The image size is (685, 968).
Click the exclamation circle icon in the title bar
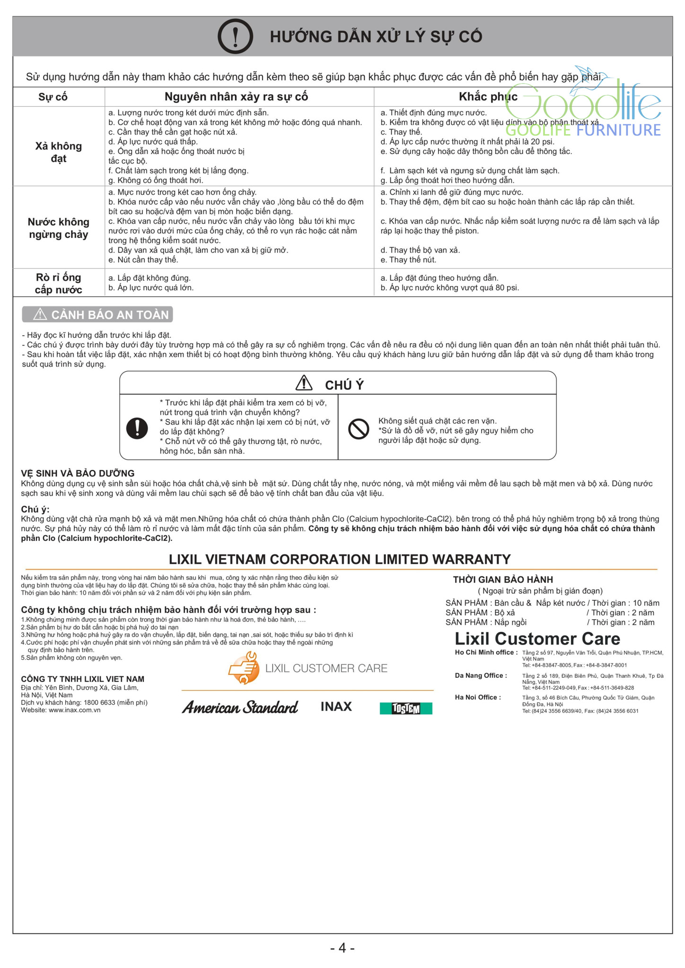(x=235, y=36)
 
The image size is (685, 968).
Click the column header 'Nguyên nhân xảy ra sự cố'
(x=236, y=97)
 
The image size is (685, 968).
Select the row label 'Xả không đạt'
(x=59, y=152)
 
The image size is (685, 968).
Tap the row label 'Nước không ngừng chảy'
(x=59, y=228)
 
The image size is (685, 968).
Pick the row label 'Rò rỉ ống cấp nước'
(x=59, y=284)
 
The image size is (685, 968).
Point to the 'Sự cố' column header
(x=53, y=97)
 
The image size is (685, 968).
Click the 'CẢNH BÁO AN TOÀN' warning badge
(x=97, y=315)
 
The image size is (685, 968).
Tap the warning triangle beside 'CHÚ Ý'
(x=304, y=383)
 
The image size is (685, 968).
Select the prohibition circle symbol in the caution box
(x=359, y=429)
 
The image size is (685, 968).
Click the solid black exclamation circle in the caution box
(x=137, y=428)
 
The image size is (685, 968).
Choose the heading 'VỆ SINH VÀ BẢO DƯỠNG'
(x=78, y=473)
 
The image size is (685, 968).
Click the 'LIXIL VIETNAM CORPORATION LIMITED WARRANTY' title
(x=340, y=559)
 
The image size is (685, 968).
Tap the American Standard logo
(x=240, y=708)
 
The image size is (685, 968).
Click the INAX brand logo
(x=336, y=707)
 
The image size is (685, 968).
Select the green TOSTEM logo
(x=406, y=709)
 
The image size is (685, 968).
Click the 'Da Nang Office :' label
(x=481, y=675)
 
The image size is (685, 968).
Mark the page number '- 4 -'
(x=342, y=948)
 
